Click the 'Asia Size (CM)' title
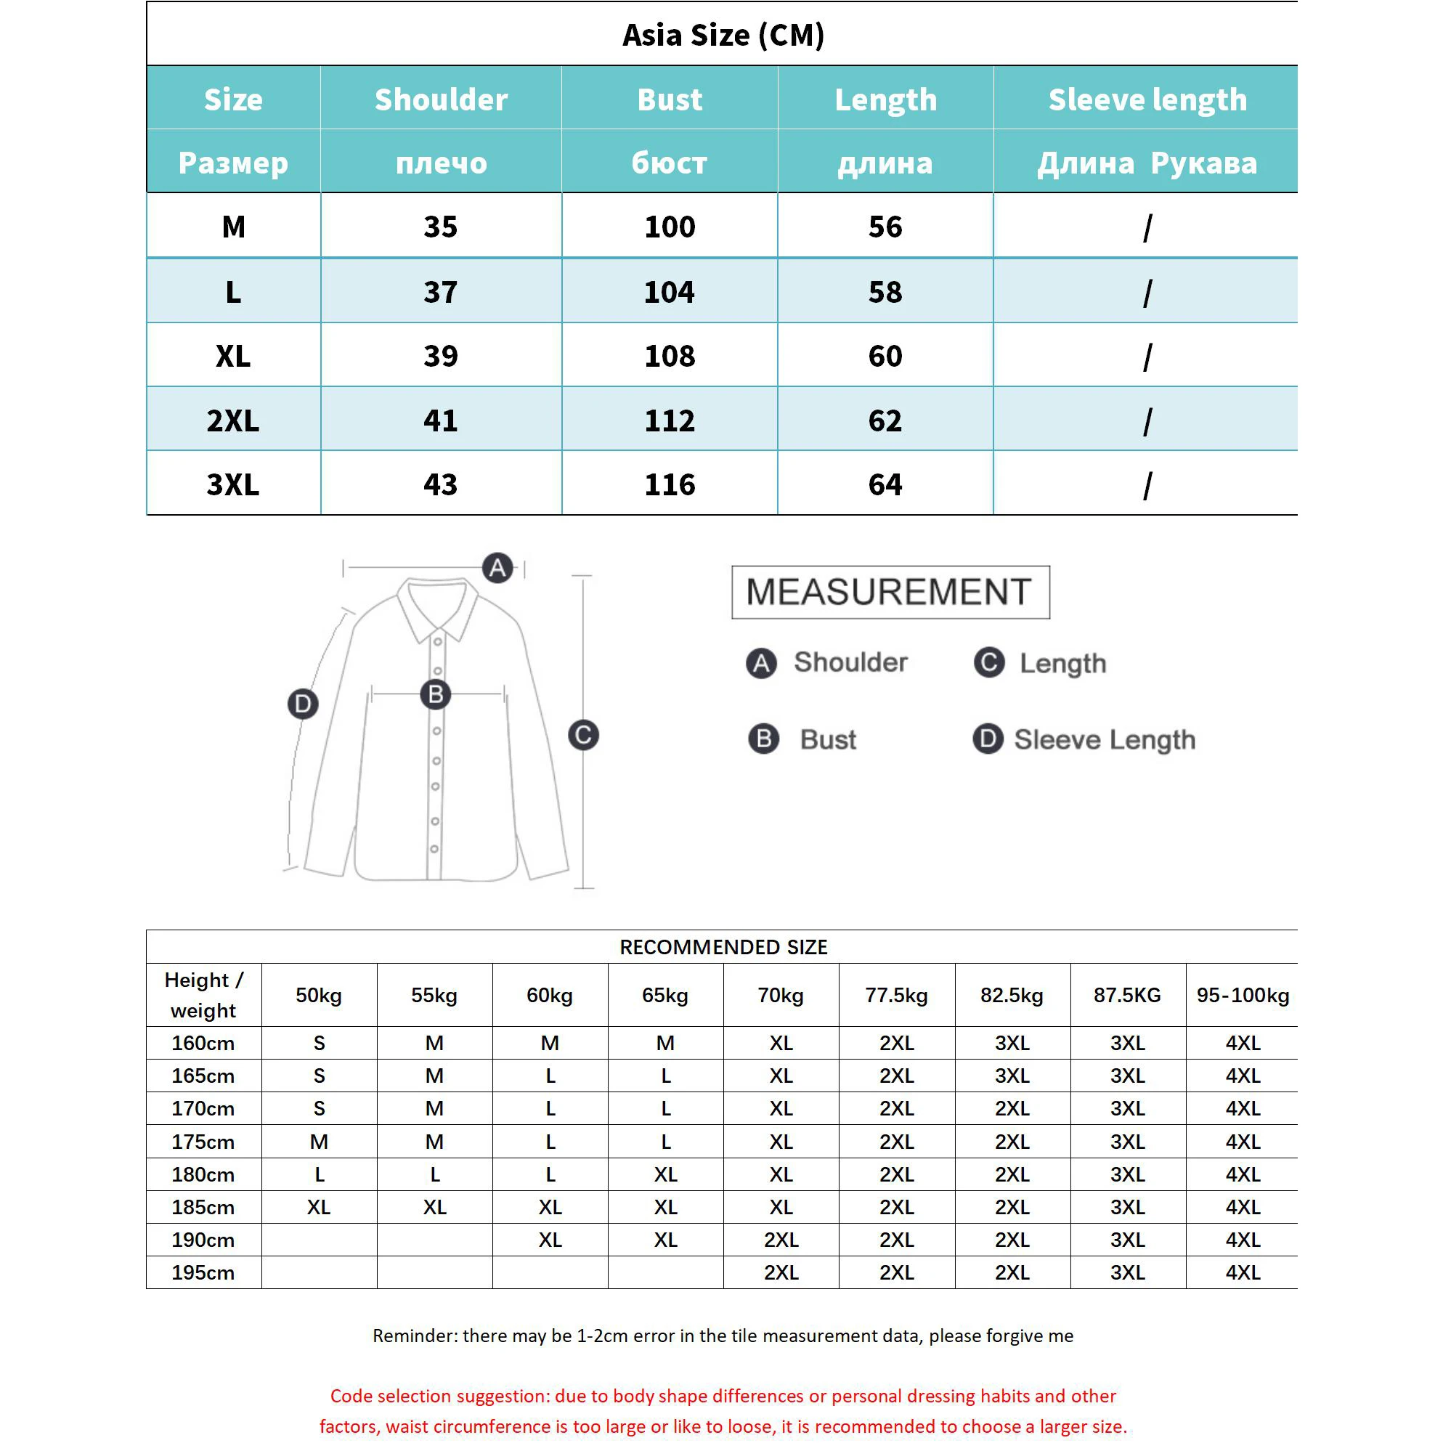click(723, 35)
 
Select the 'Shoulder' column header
click(441, 99)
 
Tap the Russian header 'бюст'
click(670, 163)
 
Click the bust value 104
click(670, 291)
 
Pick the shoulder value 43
click(441, 484)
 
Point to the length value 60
click(885, 356)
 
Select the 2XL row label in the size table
click(233, 420)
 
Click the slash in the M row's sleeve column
click(1147, 228)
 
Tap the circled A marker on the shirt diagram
click(498, 568)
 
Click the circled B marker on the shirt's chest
click(436, 694)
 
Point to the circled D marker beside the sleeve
click(303, 704)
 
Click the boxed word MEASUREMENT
click(890, 593)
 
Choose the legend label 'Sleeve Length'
click(1104, 739)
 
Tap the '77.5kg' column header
click(896, 995)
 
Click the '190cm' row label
click(203, 1240)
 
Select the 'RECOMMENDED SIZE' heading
click(723, 947)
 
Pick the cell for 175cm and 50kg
click(319, 1141)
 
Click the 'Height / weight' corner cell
click(203, 995)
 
